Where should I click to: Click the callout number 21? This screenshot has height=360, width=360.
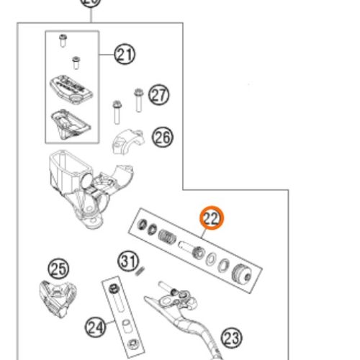point(125,54)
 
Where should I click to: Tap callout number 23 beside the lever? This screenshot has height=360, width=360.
point(230,337)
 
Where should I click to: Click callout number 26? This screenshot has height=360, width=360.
point(163,137)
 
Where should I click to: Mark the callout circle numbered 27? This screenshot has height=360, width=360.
point(158,94)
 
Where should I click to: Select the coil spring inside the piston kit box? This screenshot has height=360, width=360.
point(168,237)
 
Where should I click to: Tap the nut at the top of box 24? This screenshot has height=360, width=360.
point(113,289)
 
